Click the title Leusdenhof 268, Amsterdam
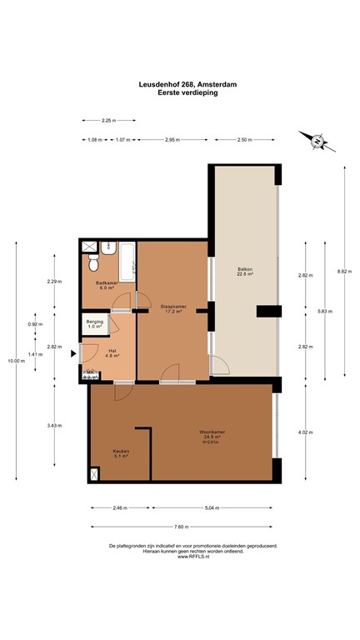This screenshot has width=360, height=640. [180, 83]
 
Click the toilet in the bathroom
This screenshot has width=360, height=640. [95, 262]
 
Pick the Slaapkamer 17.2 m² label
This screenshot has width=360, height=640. [172, 309]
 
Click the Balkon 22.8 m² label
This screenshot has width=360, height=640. [245, 271]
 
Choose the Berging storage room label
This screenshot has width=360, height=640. [95, 323]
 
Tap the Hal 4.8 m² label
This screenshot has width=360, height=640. [112, 353]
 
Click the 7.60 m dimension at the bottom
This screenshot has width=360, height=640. [180, 527]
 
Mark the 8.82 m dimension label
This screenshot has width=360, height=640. [343, 271]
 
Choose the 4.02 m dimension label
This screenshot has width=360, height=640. [305, 432]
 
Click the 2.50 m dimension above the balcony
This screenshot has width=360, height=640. [245, 139]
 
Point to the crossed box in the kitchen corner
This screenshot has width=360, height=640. [94, 475]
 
